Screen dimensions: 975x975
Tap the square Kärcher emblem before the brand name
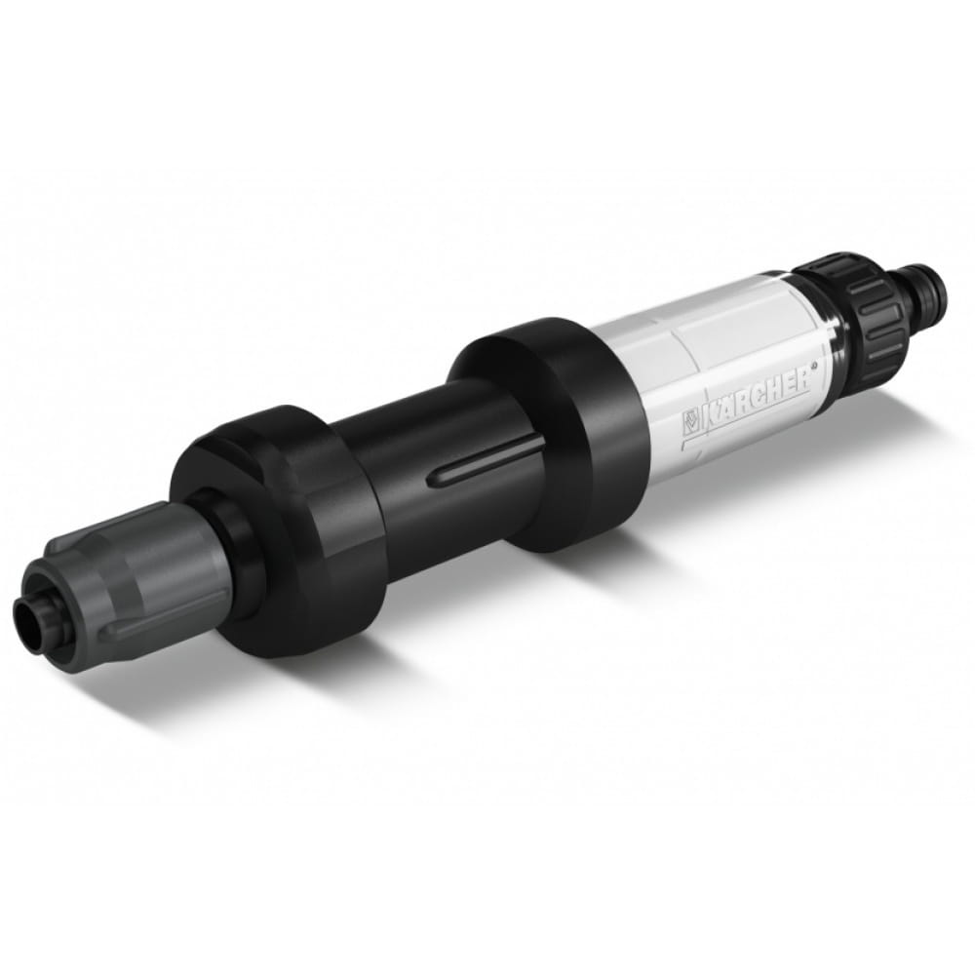pyautogui.click(x=690, y=421)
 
